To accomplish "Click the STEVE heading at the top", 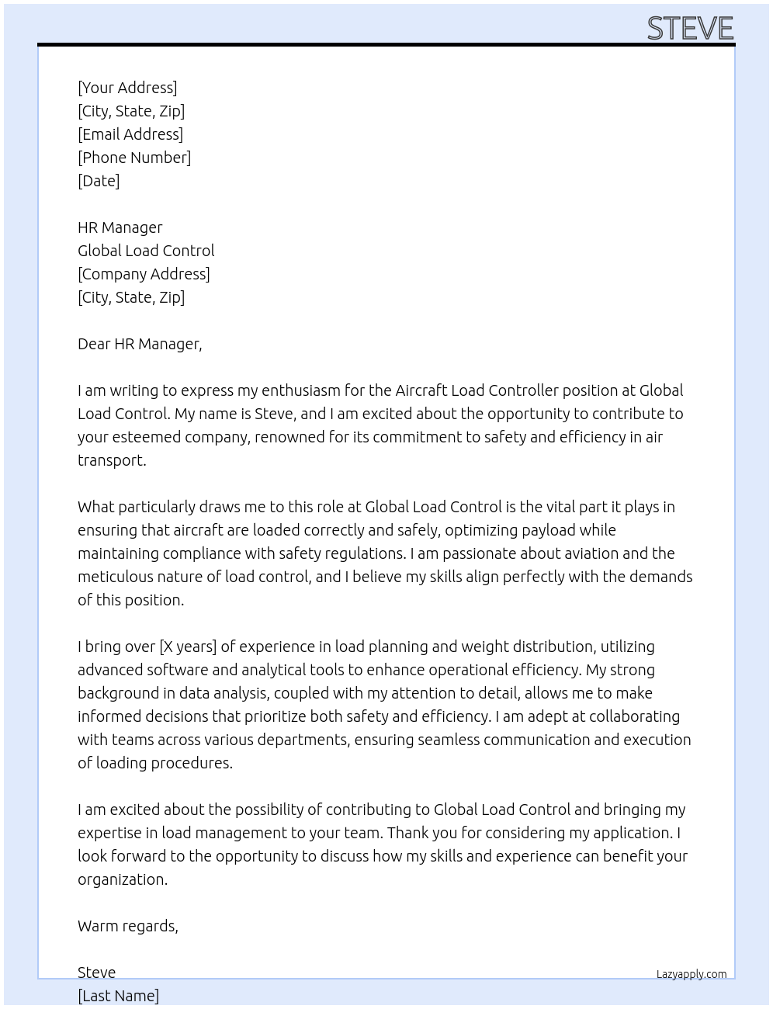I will [690, 29].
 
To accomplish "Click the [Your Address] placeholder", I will [127, 88].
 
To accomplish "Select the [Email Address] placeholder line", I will [130, 134].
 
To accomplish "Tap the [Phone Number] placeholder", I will [134, 158].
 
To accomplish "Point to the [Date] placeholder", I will [99, 181].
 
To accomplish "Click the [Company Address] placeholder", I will [144, 274].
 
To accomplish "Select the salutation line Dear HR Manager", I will [140, 344].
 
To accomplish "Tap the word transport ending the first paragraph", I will [111, 460].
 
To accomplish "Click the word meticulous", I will [115, 577].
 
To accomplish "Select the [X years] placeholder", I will [187, 647].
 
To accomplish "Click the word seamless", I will [446, 740].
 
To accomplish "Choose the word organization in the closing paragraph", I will [122, 879].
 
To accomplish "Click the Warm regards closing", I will [128, 926].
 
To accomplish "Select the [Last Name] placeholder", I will [118, 996].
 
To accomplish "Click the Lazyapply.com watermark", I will [692, 974].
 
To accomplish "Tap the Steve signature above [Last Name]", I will [96, 973].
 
